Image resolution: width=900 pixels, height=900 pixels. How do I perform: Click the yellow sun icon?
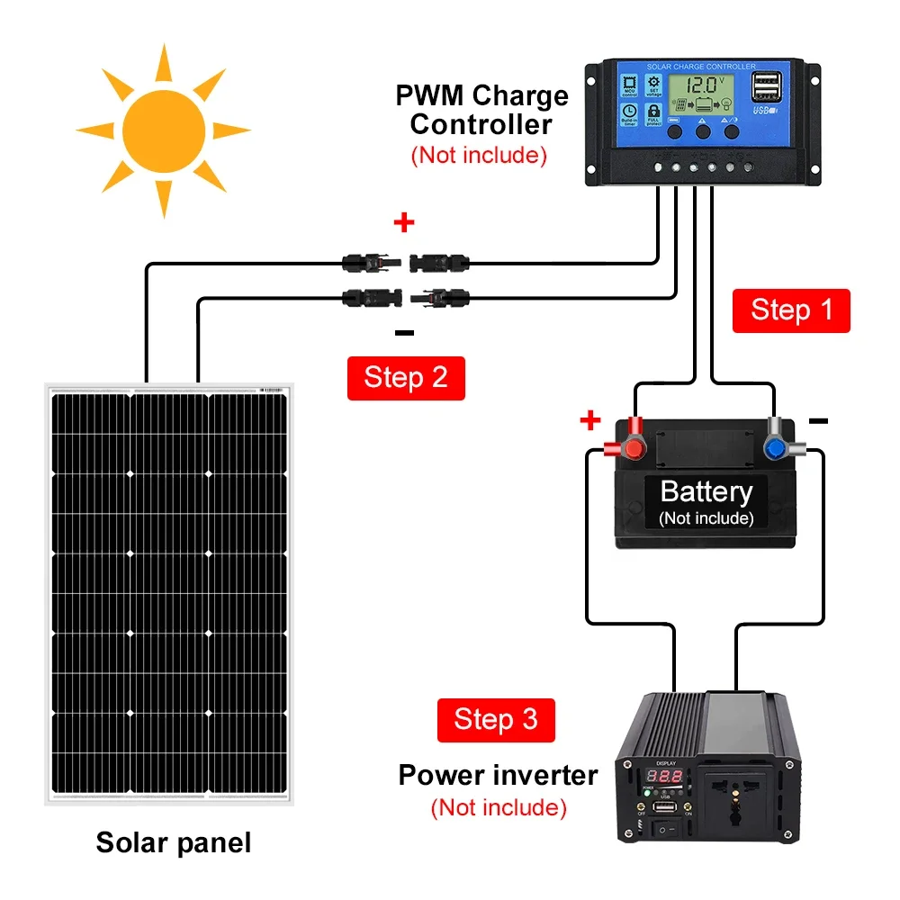[x=163, y=130]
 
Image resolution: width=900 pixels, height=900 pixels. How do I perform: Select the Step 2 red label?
[x=406, y=377]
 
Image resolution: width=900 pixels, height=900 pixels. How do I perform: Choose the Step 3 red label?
[x=496, y=719]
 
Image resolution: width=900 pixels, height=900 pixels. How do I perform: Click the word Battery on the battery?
[x=706, y=491]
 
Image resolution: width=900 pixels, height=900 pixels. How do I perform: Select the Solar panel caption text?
[x=174, y=842]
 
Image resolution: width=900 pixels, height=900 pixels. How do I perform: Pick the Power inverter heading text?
[x=498, y=775]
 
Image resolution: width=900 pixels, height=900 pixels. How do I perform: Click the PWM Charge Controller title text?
[x=481, y=109]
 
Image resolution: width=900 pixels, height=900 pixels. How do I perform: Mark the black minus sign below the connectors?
[x=404, y=333]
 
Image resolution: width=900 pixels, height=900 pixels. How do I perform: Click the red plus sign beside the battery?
[x=590, y=419]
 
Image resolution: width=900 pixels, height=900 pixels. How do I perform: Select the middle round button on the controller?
[x=703, y=131]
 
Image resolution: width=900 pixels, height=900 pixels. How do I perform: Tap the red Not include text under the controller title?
[x=479, y=155]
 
